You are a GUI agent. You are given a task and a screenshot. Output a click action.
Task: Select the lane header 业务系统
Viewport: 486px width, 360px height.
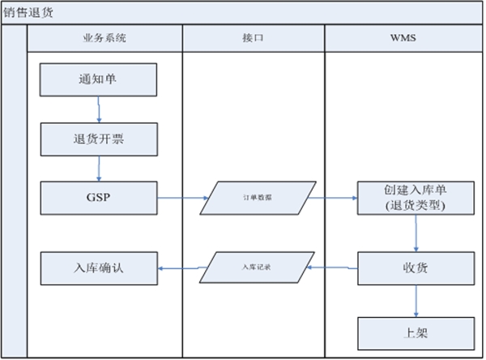(104, 38)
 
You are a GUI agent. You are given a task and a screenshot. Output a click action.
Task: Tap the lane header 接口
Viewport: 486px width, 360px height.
(253, 38)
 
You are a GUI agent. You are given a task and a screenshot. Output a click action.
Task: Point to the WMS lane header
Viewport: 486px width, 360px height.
(403, 38)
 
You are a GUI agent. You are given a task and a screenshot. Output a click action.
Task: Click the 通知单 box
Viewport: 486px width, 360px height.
(98, 79)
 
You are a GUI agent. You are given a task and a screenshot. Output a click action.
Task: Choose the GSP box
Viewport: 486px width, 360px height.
(98, 197)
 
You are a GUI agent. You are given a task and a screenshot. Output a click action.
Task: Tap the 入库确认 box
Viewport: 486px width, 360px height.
(98, 267)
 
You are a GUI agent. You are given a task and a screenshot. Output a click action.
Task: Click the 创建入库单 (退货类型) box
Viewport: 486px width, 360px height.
(415, 197)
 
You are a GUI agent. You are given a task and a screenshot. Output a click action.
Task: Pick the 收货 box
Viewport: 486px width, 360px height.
(415, 267)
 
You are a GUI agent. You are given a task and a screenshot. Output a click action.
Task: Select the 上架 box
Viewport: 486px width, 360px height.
(415, 332)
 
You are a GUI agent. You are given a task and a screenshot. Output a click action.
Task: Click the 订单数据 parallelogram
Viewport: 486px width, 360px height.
(254, 197)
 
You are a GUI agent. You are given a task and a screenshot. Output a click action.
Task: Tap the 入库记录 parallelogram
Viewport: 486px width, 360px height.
(254, 267)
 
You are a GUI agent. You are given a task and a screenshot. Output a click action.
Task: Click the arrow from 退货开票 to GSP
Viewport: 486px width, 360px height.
(99, 168)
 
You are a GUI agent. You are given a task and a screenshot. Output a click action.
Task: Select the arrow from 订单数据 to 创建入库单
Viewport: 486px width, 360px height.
(332, 197)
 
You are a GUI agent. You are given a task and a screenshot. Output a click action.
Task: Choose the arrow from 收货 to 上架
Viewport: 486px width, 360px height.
(416, 300)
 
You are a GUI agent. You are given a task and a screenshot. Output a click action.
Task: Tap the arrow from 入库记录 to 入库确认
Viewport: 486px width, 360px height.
(180, 267)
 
